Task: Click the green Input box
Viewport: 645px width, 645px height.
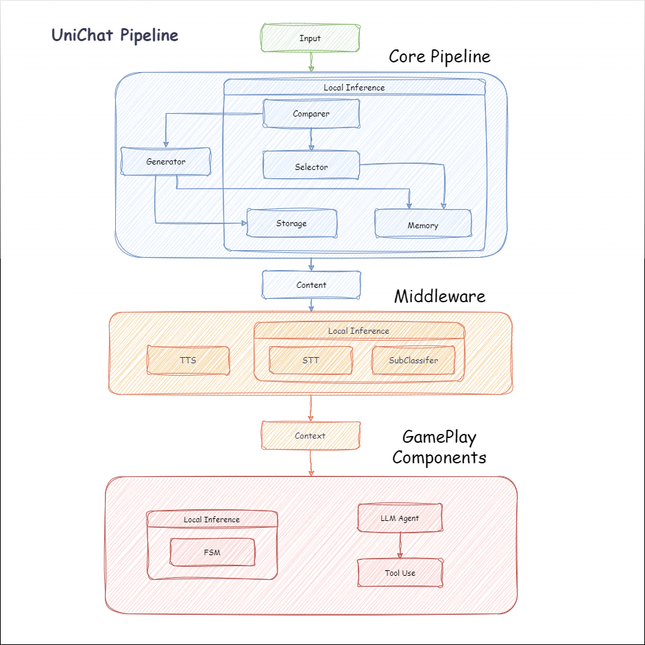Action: tap(310, 38)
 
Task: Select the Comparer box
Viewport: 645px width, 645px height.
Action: tap(311, 114)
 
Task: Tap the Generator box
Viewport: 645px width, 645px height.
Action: tap(166, 162)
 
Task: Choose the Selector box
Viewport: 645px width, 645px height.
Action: tap(311, 167)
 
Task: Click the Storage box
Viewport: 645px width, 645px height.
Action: tap(291, 223)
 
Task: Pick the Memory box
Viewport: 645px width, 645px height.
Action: tap(423, 225)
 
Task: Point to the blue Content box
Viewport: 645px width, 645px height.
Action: tap(311, 284)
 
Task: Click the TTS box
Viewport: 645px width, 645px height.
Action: tap(188, 360)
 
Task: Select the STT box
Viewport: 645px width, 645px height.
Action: tap(311, 360)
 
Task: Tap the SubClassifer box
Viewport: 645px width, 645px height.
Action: tap(413, 360)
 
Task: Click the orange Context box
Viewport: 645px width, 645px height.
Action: tap(311, 435)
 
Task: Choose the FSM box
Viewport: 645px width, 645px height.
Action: tap(212, 552)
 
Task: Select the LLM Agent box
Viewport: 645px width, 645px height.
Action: tap(400, 518)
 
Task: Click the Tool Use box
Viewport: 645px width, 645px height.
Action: tap(400, 573)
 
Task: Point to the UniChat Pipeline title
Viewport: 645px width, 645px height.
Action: tap(115, 36)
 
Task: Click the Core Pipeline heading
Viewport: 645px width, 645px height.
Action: tap(439, 56)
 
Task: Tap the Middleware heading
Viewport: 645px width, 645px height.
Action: tap(439, 296)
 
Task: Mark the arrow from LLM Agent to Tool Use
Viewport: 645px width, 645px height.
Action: tap(400, 546)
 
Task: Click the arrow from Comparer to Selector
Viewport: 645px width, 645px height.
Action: tap(311, 140)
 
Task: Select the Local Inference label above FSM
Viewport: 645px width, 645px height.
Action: tap(212, 520)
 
